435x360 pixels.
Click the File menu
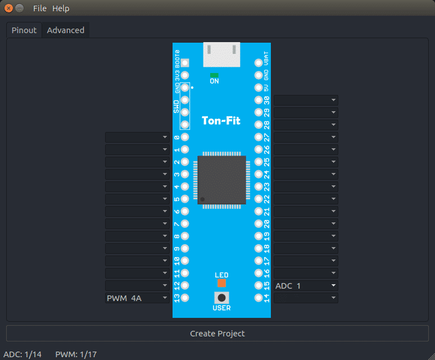tap(40, 8)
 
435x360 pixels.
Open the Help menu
tap(61, 8)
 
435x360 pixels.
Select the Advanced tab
tap(65, 30)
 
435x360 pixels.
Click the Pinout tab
tap(24, 30)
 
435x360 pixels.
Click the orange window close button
tap(8, 8)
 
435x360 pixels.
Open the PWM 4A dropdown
tap(137, 298)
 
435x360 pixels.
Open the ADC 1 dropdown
tap(306, 286)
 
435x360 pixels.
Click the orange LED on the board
tap(221, 283)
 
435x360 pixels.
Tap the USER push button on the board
tap(221, 298)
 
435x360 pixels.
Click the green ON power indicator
tap(214, 75)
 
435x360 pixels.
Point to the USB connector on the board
tap(221, 54)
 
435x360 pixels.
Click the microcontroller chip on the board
tap(221, 180)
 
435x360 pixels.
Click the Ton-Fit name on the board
tap(221, 121)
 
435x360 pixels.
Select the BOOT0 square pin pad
tap(185, 63)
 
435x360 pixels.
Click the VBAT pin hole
tap(259, 63)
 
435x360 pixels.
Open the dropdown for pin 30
tap(306, 100)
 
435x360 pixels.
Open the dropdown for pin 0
tap(137, 137)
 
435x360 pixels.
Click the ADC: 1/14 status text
tap(22, 354)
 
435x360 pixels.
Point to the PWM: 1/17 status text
tap(76, 354)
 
